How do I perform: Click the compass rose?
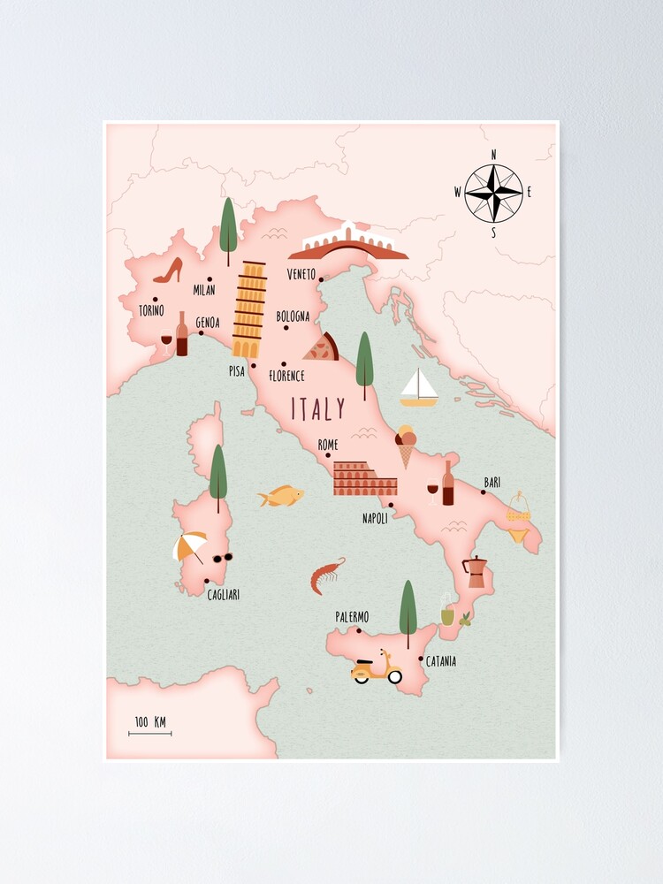pyautogui.click(x=493, y=194)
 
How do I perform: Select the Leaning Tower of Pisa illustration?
pyautogui.click(x=249, y=309)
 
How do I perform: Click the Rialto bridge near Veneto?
pyautogui.click(x=354, y=242)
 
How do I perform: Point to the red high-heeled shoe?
pyautogui.click(x=168, y=271)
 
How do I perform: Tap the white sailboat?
pyautogui.click(x=419, y=388)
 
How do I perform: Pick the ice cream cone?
pyautogui.click(x=406, y=446)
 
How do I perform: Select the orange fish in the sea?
pyautogui.click(x=281, y=496)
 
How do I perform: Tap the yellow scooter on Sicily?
pyautogui.click(x=377, y=668)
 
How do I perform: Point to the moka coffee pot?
pyautogui.click(x=476, y=572)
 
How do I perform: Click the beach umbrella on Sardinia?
pyautogui.click(x=190, y=546)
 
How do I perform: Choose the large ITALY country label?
pyautogui.click(x=318, y=409)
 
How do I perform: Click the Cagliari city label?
pyautogui.click(x=223, y=595)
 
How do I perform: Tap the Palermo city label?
pyautogui.click(x=352, y=617)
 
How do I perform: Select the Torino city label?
pyautogui.click(x=151, y=310)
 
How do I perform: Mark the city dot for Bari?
pyautogui.click(x=484, y=492)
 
